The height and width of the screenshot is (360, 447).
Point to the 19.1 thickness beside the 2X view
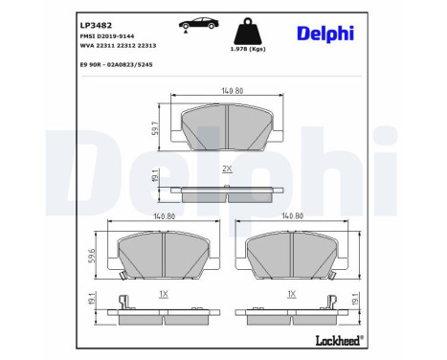point(156,175)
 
